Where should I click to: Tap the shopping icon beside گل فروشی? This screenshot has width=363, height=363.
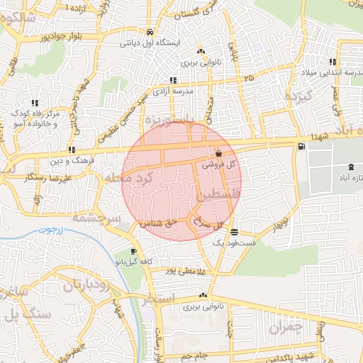[x=218, y=153]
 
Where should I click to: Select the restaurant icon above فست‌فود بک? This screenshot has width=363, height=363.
[x=234, y=232]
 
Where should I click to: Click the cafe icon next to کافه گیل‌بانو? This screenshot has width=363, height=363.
[x=133, y=252]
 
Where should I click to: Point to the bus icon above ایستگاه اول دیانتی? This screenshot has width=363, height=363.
[x=150, y=33]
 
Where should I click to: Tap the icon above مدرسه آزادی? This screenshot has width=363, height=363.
[x=173, y=80]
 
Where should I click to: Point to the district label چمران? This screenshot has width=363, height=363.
[x=286, y=328]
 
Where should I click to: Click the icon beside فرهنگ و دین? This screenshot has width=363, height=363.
[x=72, y=150]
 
